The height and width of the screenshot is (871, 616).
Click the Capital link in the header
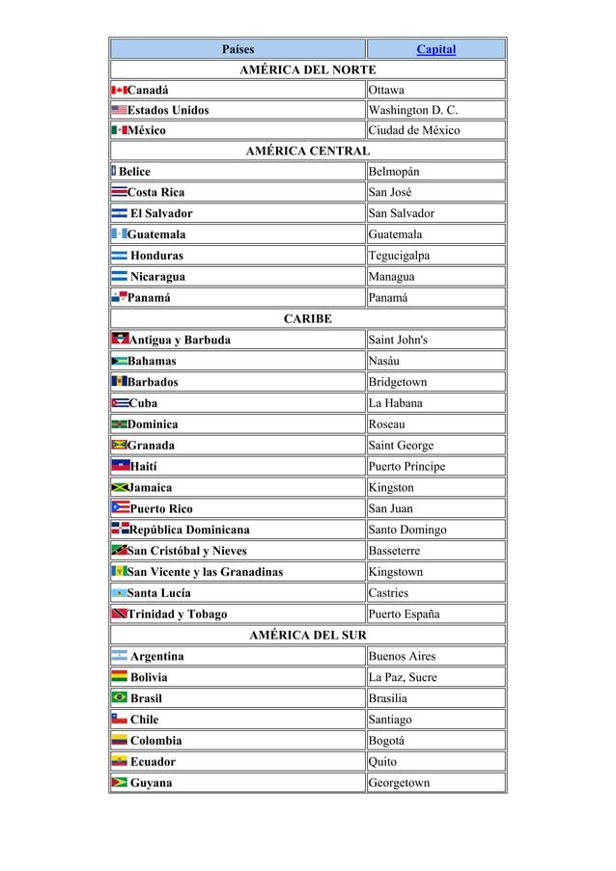(x=435, y=49)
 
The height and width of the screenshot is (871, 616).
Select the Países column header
(x=238, y=49)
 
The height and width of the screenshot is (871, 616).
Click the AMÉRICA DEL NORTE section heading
(x=307, y=69)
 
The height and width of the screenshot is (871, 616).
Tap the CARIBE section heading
(x=307, y=318)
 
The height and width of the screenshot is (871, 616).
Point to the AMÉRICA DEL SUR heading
(x=307, y=636)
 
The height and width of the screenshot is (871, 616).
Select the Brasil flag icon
(x=120, y=698)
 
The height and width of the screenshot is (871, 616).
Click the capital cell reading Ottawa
(x=386, y=91)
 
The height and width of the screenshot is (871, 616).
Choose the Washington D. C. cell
(x=413, y=110)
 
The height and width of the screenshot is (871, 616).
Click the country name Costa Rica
(x=156, y=192)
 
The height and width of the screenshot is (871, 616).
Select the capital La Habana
(x=395, y=403)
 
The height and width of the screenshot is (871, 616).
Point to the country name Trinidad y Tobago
(x=178, y=614)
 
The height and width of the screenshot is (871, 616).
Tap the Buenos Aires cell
(x=402, y=657)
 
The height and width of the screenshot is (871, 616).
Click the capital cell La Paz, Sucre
(x=403, y=678)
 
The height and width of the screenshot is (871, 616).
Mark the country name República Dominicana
(x=189, y=530)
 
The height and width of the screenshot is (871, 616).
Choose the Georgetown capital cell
(x=399, y=783)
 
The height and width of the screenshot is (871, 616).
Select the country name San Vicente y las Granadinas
(x=206, y=572)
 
